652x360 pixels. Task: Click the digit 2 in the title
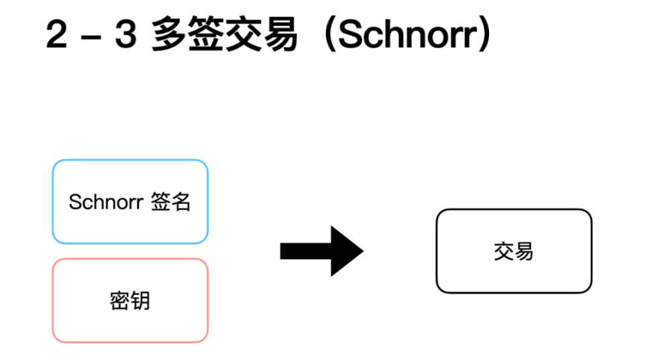point(57,35)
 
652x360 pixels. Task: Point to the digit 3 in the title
point(125,35)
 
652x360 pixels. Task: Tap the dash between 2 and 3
point(91,36)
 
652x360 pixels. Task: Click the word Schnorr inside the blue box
point(105,202)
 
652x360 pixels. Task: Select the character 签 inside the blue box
point(160,202)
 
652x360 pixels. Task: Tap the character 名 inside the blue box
point(181,202)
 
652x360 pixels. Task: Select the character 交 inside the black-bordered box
point(504,251)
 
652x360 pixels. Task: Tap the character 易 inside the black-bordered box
point(524,251)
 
